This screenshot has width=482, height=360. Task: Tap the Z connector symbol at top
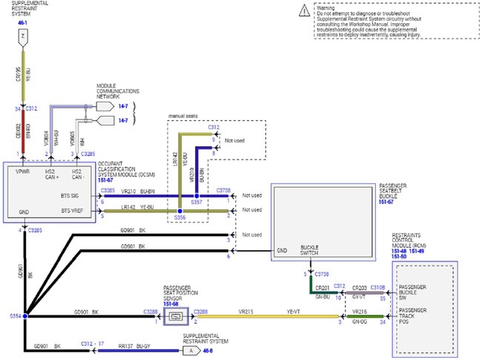tap(24, 35)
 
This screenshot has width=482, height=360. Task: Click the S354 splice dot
tap(24, 315)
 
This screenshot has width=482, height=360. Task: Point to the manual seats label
tap(185, 116)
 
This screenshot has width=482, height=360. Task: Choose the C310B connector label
tap(378, 287)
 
